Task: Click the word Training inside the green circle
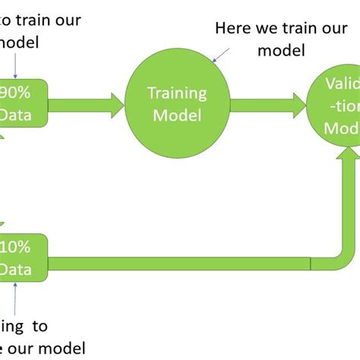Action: tap(176, 94)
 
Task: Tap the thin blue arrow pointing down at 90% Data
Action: tap(16, 68)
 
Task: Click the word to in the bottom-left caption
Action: tap(38, 327)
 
